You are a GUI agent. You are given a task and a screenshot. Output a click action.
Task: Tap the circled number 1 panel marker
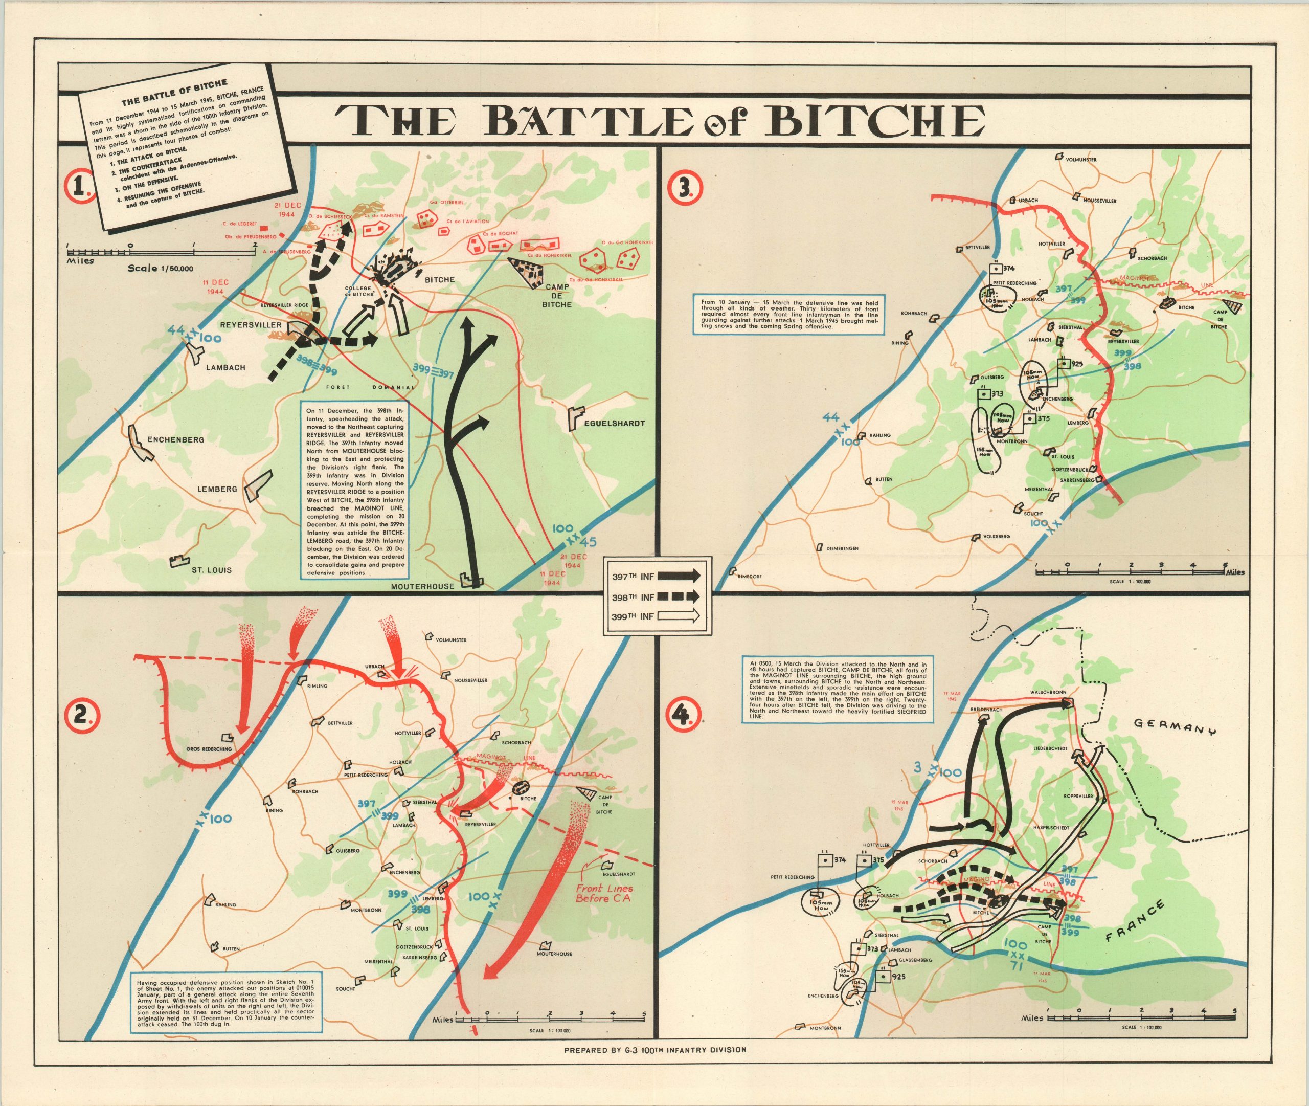point(81,186)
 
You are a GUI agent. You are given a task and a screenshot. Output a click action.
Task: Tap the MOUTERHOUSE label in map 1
point(422,587)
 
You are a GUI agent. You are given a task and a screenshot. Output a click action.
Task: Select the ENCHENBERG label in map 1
point(175,439)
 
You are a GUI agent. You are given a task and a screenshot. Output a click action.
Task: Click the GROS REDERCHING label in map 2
point(209,749)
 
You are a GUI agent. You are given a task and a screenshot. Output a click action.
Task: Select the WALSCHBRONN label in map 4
point(1048,692)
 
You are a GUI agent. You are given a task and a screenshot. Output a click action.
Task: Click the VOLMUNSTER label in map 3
point(1081,160)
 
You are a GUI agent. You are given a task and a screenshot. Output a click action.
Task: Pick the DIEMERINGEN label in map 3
point(842,548)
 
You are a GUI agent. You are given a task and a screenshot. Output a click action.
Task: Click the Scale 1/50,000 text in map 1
point(161,269)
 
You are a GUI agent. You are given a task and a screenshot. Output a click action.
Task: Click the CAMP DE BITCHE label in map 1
point(556,295)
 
